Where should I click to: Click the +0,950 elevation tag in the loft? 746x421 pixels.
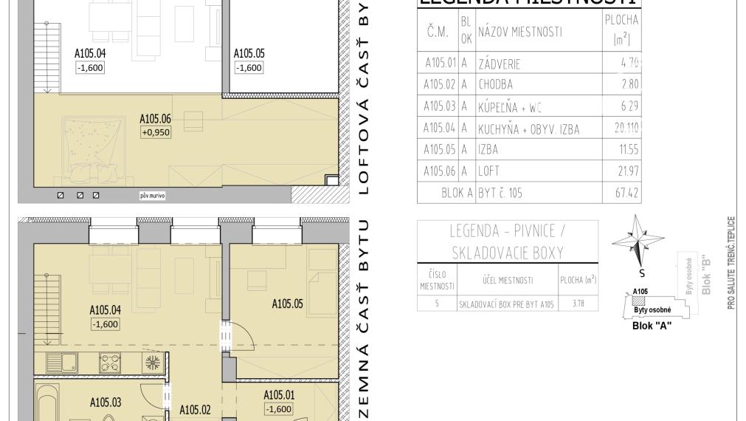(x=156, y=133)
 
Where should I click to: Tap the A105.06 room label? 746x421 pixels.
(x=156, y=118)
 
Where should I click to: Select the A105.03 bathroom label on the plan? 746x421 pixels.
(x=106, y=403)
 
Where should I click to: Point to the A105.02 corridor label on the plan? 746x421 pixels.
(x=195, y=410)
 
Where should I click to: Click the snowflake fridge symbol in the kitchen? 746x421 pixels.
(x=153, y=363)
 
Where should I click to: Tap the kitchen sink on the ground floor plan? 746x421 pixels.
(x=63, y=363)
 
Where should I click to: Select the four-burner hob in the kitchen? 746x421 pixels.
(x=111, y=363)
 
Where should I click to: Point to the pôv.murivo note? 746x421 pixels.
(x=153, y=196)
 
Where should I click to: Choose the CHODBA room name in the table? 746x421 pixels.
(x=496, y=84)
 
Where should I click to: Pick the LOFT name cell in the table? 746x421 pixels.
(x=488, y=171)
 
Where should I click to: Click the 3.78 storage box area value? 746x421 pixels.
(x=579, y=303)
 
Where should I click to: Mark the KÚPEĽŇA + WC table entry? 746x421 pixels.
(x=511, y=106)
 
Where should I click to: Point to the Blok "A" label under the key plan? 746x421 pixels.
(x=652, y=325)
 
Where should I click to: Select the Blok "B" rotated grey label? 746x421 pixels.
(x=706, y=275)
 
